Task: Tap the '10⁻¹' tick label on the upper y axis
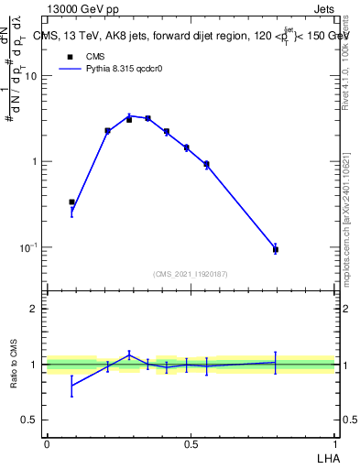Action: (x=28, y=247)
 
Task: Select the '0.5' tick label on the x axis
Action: (x=191, y=444)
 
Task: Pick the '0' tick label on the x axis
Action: (x=47, y=444)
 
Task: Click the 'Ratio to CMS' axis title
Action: (x=15, y=365)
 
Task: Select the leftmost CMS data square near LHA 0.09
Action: (x=71, y=202)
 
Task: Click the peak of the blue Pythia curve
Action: (x=130, y=115)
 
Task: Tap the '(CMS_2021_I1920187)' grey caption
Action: (x=191, y=273)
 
